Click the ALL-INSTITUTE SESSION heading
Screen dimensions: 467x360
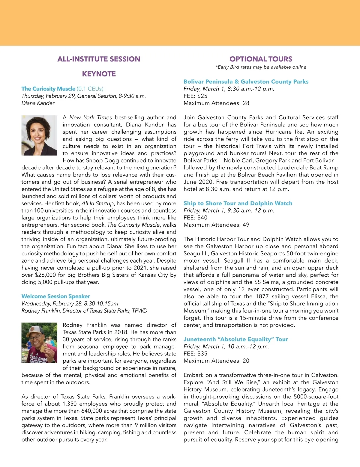99,59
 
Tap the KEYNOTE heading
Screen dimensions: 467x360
99,74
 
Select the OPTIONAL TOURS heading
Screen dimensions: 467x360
261,59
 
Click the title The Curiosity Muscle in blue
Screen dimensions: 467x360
48,89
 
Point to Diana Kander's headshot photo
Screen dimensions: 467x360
39,135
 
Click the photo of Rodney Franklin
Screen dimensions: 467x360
39,343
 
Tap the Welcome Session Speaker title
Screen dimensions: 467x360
55,296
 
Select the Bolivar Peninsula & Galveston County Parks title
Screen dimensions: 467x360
246,82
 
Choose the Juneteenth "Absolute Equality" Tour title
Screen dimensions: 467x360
236,339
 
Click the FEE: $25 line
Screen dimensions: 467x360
195,96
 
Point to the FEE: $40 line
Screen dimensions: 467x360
195,218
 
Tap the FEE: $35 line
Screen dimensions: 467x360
195,354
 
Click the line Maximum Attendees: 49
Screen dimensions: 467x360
216,225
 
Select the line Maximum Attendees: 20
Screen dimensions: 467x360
216,361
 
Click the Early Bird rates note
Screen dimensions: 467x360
261,67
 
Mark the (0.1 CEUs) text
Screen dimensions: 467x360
90,89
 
